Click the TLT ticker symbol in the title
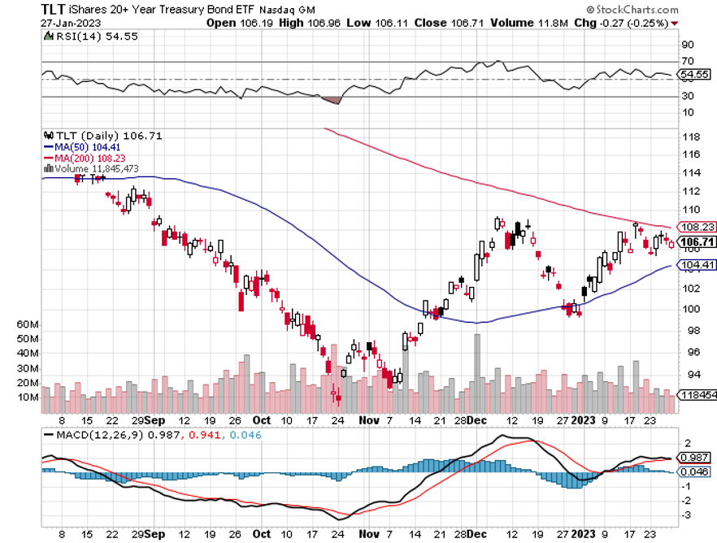[54, 9]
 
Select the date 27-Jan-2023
[67, 23]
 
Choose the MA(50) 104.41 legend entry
[83, 146]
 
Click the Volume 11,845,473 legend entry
[93, 169]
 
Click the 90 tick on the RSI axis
[688, 45]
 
